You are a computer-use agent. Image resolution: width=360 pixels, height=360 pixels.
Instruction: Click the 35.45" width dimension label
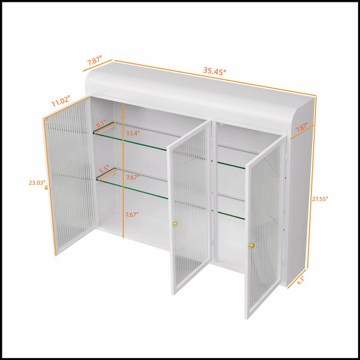pyautogui.click(x=214, y=71)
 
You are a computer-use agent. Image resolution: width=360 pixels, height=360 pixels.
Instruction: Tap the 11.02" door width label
pyautogui.click(x=61, y=101)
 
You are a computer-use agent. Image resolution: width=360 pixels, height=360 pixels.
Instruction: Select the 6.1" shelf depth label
pyautogui.click(x=101, y=124)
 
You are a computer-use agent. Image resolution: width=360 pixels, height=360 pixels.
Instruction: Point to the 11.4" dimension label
pyautogui.click(x=133, y=133)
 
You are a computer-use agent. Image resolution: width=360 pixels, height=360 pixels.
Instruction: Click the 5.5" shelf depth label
pyautogui.click(x=104, y=170)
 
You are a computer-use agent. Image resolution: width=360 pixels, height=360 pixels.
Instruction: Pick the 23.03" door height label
pyautogui.click(x=37, y=183)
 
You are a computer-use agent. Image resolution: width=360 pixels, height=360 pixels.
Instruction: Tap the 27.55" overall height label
pyautogui.click(x=320, y=199)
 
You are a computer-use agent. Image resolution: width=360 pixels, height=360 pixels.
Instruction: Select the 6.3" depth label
pyautogui.click(x=301, y=280)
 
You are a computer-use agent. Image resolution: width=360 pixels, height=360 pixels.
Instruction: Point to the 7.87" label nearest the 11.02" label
pyautogui.click(x=94, y=61)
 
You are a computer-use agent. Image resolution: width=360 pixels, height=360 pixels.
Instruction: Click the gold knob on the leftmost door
pyautogui.click(x=46, y=187)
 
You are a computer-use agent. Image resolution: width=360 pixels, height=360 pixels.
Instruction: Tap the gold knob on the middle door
pyautogui.click(x=175, y=224)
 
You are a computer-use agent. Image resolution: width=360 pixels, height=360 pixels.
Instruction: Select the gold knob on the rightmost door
pyautogui.click(x=251, y=245)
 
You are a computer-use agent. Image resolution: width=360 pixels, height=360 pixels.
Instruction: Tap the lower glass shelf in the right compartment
pyautogui.click(x=231, y=207)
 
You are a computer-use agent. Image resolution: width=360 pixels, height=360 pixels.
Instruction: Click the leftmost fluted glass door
pyautogui.click(x=70, y=176)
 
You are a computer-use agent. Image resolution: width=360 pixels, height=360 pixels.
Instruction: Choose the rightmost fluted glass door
pyautogui.click(x=265, y=227)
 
